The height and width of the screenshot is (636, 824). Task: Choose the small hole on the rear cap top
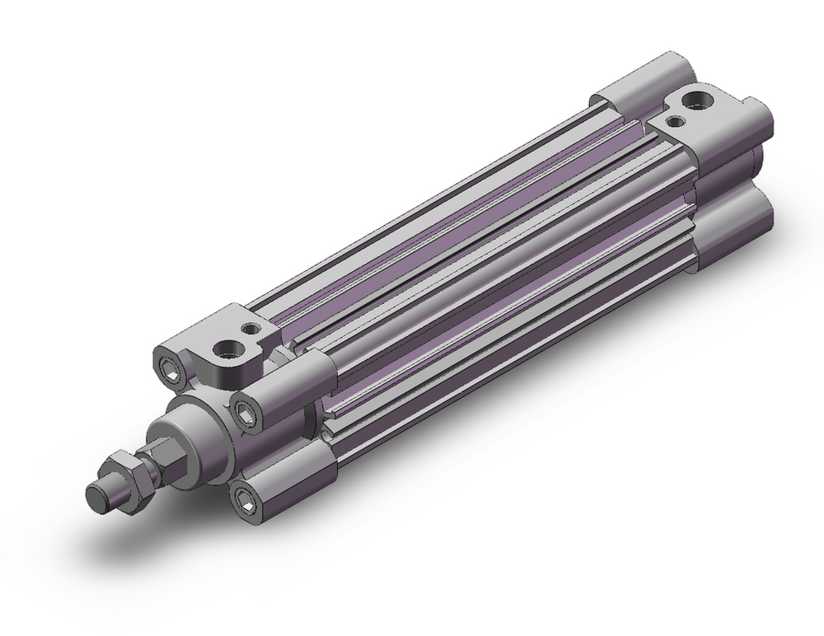[676, 122]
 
